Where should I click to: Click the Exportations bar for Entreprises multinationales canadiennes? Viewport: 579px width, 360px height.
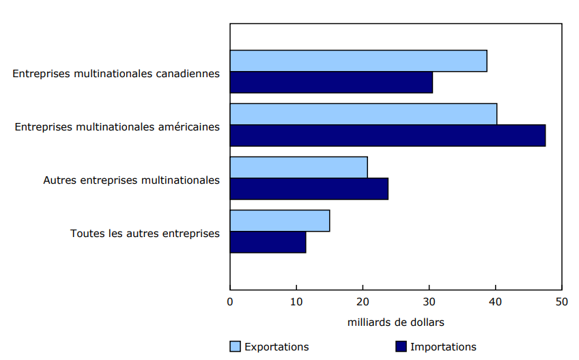[x=358, y=61]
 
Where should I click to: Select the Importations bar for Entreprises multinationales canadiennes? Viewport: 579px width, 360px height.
[x=331, y=83]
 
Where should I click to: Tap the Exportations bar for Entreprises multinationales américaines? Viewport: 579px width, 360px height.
[x=363, y=114]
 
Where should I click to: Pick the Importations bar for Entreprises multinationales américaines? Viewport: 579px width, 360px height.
[x=388, y=136]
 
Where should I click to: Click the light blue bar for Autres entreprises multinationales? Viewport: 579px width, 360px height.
[x=298, y=167]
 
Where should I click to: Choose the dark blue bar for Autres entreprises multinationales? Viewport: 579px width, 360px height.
[x=309, y=189]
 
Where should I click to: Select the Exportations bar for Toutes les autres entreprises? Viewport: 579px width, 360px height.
[x=280, y=221]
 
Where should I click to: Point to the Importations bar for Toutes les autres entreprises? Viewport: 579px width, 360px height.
[x=268, y=243]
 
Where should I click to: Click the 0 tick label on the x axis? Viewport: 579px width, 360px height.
[x=230, y=301]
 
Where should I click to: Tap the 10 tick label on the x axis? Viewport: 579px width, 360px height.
[x=296, y=301]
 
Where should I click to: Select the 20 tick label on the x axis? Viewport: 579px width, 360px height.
[x=363, y=301]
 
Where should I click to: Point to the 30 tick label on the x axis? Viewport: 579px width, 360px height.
[x=429, y=301]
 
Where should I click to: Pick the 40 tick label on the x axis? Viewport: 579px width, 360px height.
[x=495, y=301]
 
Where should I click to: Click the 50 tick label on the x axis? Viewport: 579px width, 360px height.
[x=561, y=301]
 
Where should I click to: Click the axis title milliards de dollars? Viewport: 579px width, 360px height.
[x=396, y=322]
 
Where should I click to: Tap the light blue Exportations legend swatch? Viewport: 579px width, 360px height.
[x=235, y=346]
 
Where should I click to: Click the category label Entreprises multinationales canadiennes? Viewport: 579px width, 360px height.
[x=116, y=73]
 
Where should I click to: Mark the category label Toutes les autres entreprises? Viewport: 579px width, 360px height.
[x=145, y=234]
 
